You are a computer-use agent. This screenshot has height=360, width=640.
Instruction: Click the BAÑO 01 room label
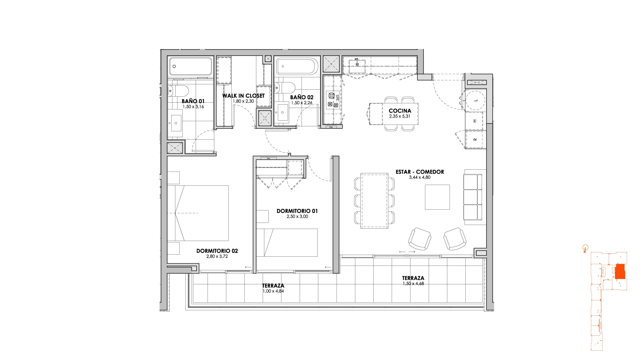point(193,101)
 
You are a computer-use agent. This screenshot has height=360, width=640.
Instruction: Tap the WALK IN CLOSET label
point(243,96)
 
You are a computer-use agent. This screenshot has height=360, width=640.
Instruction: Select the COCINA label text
point(400,111)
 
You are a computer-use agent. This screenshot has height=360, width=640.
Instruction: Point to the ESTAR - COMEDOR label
point(420,172)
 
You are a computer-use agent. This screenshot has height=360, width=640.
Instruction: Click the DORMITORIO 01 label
point(297,211)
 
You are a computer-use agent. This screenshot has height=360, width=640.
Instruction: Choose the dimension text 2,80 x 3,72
point(217,256)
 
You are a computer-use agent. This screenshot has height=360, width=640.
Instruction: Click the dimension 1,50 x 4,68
point(413,284)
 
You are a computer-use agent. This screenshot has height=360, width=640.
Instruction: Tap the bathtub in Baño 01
point(190,67)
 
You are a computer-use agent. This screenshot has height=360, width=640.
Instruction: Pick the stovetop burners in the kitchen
point(332,100)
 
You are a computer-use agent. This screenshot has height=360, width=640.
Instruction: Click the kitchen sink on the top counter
point(357,64)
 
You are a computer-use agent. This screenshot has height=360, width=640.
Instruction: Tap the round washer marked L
point(475,100)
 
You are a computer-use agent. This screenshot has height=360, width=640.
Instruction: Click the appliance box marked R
point(475,139)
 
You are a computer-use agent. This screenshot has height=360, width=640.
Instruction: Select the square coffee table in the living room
point(437,197)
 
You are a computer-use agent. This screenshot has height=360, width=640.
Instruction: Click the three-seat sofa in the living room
point(473,197)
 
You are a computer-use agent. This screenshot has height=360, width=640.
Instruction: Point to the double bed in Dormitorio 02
point(198,213)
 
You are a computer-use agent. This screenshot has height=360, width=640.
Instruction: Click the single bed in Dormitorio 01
point(287,242)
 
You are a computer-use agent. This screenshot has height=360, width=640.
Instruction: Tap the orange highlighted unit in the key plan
point(620,271)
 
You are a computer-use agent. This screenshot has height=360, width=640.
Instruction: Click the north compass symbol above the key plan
point(585,248)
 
